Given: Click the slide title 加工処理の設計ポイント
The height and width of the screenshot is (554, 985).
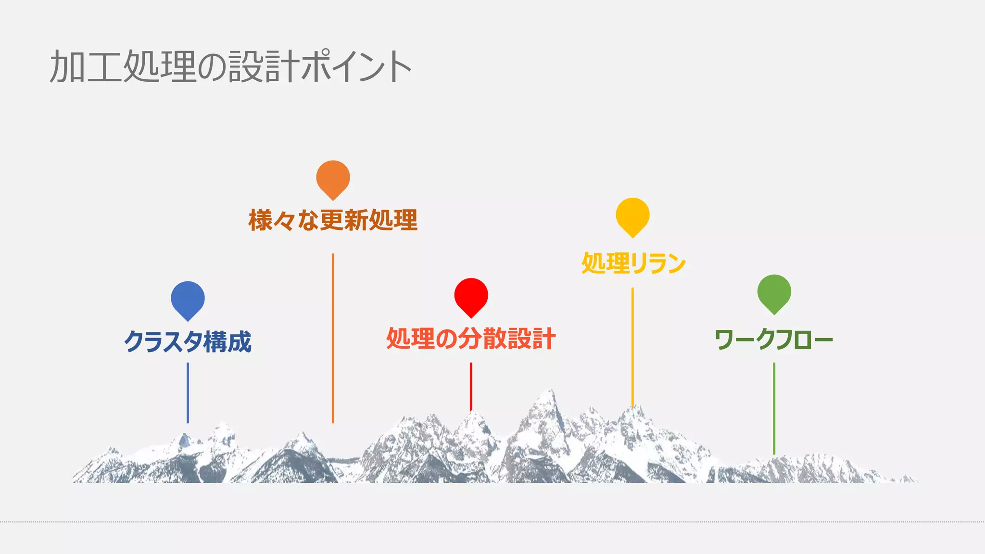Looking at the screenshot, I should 230,66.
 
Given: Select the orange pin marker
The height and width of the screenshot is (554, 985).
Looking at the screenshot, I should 333,178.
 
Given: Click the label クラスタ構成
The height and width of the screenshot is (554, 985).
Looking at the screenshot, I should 188,341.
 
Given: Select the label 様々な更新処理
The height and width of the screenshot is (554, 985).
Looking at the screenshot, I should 333,220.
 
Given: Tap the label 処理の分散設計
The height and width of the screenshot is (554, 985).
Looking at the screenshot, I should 471,338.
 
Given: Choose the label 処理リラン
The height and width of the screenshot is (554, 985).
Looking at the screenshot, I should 633,263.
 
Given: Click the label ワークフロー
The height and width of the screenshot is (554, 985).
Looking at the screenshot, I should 774,340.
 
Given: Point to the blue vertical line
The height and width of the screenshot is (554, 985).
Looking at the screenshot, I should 188,392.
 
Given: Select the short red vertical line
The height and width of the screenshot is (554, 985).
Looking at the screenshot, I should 471,386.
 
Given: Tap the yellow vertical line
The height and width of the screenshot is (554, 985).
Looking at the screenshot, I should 632,346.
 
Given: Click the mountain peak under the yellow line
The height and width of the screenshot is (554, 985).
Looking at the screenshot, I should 634,409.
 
